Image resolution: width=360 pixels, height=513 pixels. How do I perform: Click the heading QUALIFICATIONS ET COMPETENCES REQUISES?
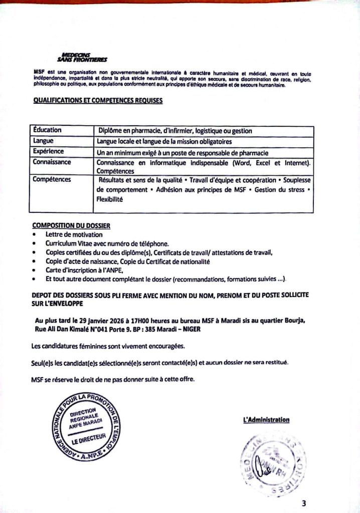(98, 101)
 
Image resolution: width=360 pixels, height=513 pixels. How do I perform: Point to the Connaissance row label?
(52, 162)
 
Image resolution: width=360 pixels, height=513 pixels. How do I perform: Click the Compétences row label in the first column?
(52, 179)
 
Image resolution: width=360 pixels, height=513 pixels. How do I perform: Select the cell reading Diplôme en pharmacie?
(175, 131)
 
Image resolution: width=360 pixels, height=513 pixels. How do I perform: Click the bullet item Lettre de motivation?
(74, 234)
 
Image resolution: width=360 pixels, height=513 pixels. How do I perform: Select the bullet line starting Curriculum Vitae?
(108, 243)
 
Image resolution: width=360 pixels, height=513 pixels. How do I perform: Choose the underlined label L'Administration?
(266, 420)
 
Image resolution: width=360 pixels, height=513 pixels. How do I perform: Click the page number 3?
(304, 503)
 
